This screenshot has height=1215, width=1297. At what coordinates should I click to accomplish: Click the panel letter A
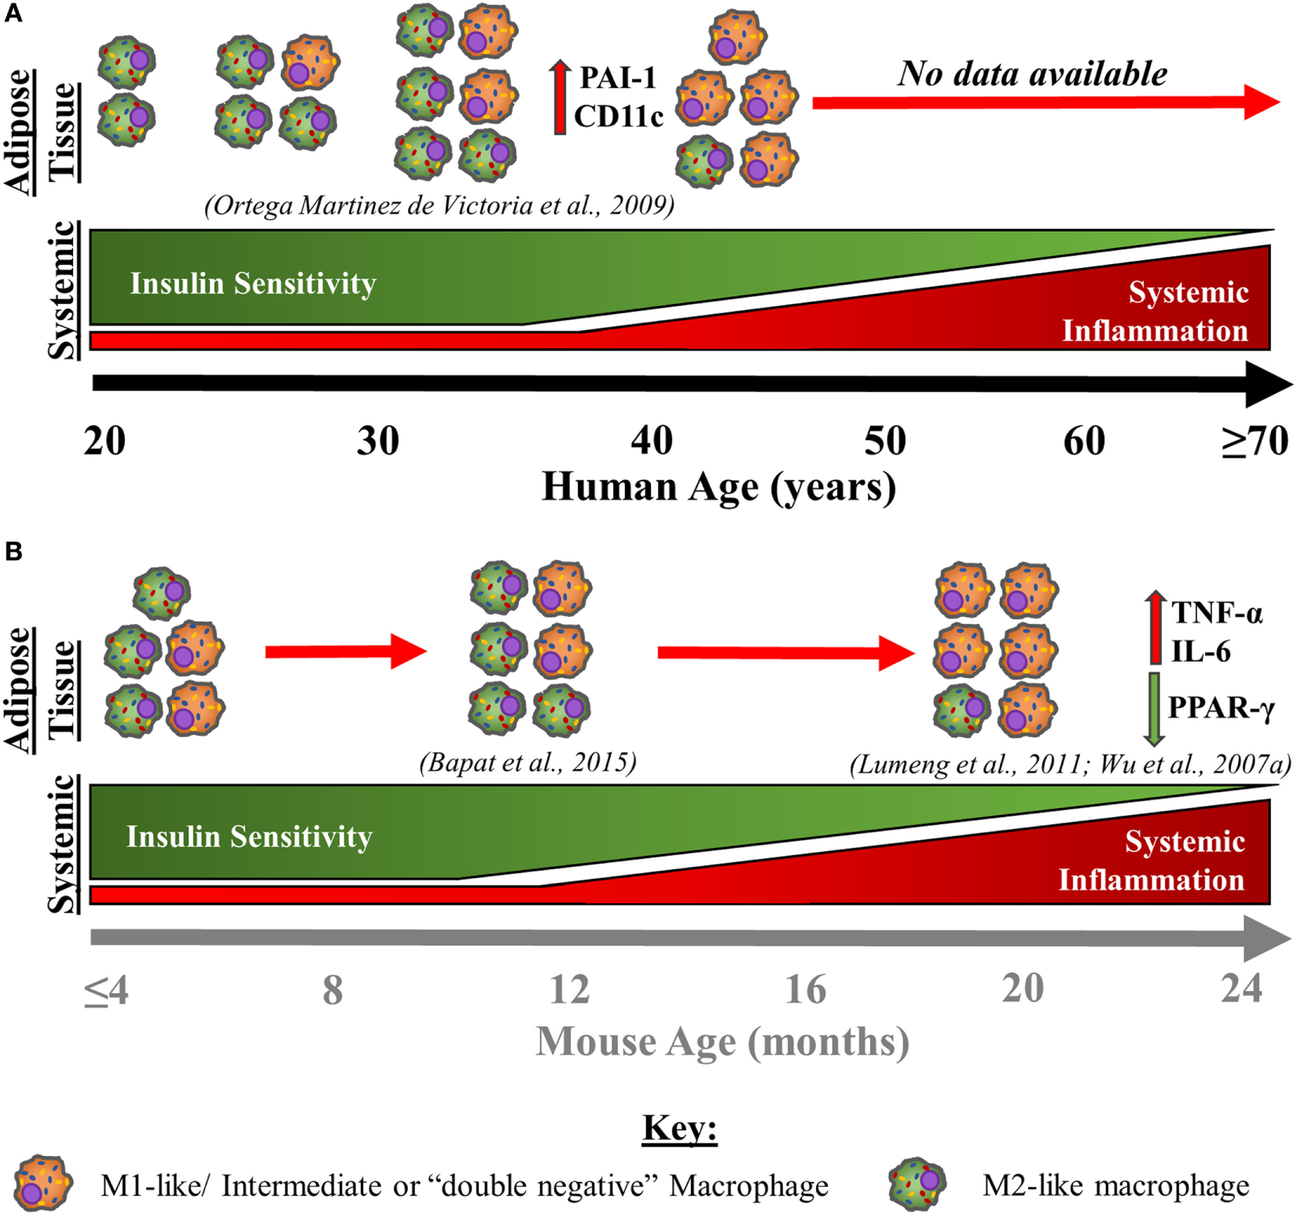pyautogui.click(x=13, y=13)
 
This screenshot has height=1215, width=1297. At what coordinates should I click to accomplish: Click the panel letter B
pyautogui.click(x=13, y=552)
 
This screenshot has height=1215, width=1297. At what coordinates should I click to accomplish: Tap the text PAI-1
pyautogui.click(x=617, y=78)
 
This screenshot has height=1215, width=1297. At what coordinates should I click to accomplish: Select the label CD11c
pyautogui.click(x=619, y=116)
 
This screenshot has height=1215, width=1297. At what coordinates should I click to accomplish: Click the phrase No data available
pyautogui.click(x=1032, y=73)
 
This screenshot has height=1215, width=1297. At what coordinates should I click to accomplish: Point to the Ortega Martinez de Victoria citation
pyautogui.click(x=439, y=205)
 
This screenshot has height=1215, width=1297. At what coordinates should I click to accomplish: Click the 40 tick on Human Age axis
pyautogui.click(x=652, y=442)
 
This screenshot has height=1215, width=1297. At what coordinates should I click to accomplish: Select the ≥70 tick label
pyautogui.click(x=1255, y=442)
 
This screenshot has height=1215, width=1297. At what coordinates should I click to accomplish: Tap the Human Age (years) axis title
pyautogui.click(x=718, y=487)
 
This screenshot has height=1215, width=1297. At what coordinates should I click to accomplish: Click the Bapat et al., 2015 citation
pyautogui.click(x=527, y=762)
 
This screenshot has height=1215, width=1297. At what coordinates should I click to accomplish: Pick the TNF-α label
pyautogui.click(x=1217, y=612)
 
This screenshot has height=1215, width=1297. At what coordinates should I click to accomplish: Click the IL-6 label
pyautogui.click(x=1200, y=652)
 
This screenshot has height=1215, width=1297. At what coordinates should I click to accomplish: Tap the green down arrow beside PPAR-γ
pyautogui.click(x=1154, y=708)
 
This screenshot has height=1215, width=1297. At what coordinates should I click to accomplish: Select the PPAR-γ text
pyautogui.click(x=1221, y=707)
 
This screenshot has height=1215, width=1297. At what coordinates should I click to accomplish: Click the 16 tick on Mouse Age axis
pyautogui.click(x=806, y=989)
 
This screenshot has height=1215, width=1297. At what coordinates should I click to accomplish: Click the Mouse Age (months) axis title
pyautogui.click(x=722, y=1042)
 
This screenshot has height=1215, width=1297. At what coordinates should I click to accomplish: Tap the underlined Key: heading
pyautogui.click(x=679, y=1129)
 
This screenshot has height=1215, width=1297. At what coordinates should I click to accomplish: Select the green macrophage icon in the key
pyautogui.click(x=917, y=1183)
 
